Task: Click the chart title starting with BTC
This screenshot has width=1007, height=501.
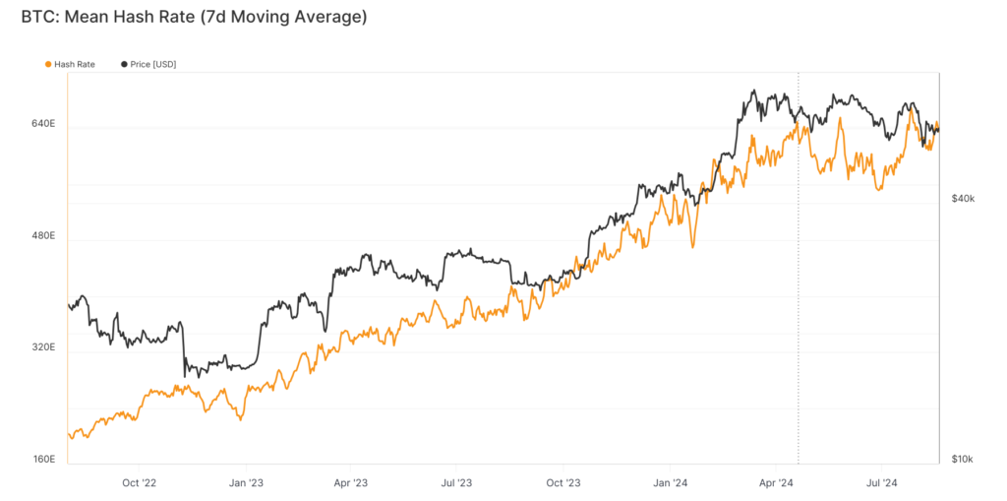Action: pyautogui.click(x=194, y=18)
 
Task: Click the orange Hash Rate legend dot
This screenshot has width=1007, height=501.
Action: pyautogui.click(x=48, y=64)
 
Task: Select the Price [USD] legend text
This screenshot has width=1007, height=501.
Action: pyautogui.click(x=152, y=64)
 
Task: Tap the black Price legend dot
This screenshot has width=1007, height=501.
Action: pyautogui.click(x=123, y=64)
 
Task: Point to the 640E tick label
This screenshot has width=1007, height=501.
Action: pyautogui.click(x=43, y=125)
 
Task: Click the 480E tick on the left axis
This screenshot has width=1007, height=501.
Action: pyautogui.click(x=43, y=236)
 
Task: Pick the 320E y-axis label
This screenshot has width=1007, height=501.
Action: pyautogui.click(x=43, y=348)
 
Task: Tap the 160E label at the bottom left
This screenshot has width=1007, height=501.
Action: pyautogui.click(x=43, y=460)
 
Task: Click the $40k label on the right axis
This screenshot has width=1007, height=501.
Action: pyautogui.click(x=963, y=199)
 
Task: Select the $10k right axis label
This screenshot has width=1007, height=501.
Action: pyautogui.click(x=963, y=460)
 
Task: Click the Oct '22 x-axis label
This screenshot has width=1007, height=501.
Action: pyautogui.click(x=140, y=483)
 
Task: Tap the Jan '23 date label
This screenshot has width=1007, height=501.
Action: pyautogui.click(x=246, y=483)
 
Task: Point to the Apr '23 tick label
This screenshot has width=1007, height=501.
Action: pyautogui.click(x=351, y=483)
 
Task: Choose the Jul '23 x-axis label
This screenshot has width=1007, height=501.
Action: pyautogui.click(x=456, y=483)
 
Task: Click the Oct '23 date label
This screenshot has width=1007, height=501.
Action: pyautogui.click(x=563, y=483)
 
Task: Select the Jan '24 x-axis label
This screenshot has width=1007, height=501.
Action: pyautogui.click(x=671, y=483)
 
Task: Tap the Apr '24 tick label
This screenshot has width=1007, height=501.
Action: pyautogui.click(x=777, y=483)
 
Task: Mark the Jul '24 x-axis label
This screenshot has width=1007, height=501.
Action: pyautogui.click(x=882, y=483)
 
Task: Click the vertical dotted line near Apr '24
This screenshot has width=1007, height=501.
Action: pyautogui.click(x=798, y=295)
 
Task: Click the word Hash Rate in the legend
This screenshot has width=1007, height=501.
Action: pyautogui.click(x=75, y=64)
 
